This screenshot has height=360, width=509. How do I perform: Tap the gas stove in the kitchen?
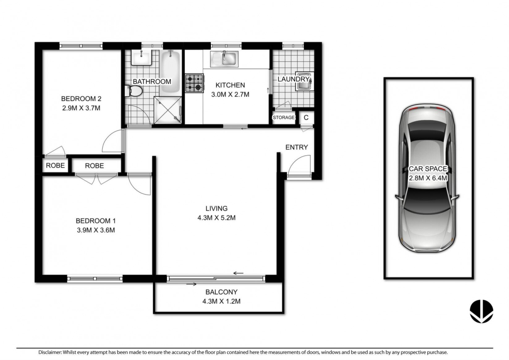click(194, 83)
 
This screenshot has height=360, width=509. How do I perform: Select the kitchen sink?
click(224, 59)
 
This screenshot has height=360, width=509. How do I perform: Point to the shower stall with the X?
click(168, 110)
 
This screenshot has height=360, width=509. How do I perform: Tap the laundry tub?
click(304, 81)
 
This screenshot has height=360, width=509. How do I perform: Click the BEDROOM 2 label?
click(81, 99)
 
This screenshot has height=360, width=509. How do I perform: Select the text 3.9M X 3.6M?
click(96, 230)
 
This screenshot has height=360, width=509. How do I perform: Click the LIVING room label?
click(216, 208)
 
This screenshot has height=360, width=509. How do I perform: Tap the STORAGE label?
click(283, 117)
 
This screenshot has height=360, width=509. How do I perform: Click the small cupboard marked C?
click(306, 118)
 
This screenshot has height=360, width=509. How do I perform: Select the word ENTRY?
click(297, 147)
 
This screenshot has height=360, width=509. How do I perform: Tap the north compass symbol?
click(481, 311)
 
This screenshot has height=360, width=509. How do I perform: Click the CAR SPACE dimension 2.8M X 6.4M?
click(428, 178)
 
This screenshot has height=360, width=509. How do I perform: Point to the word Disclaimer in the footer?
click(50, 352)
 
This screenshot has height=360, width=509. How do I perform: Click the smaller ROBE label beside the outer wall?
click(55, 165)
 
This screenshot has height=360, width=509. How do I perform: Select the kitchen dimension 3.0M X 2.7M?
click(230, 94)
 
